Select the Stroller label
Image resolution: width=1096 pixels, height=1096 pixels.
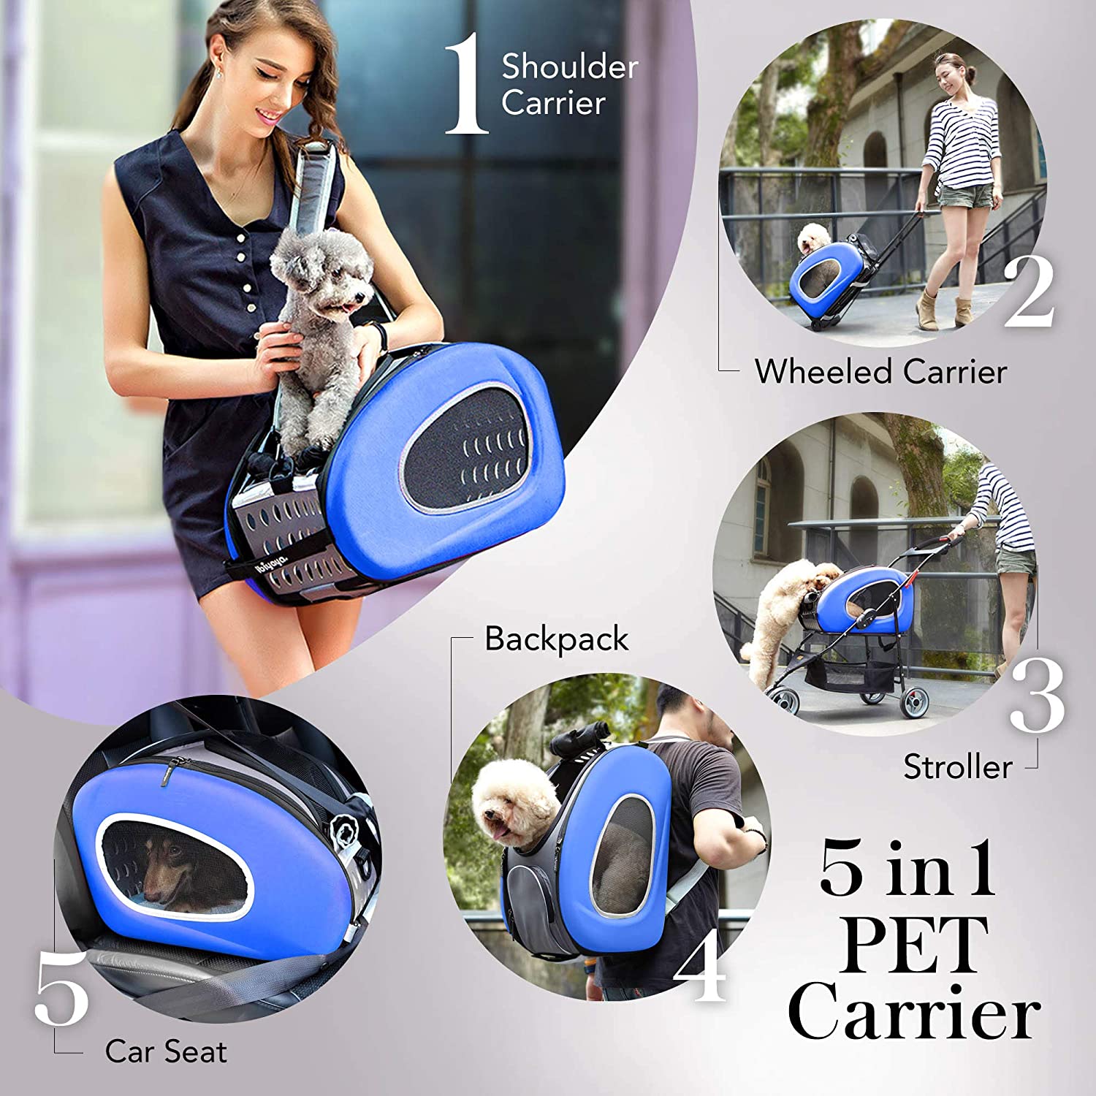click(957, 766)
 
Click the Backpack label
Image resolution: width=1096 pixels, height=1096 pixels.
click(556, 639)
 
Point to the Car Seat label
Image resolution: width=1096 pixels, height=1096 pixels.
click(166, 1051)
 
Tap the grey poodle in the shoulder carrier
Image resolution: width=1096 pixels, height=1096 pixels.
click(321, 307)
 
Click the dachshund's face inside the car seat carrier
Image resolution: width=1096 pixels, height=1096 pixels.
click(164, 873)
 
